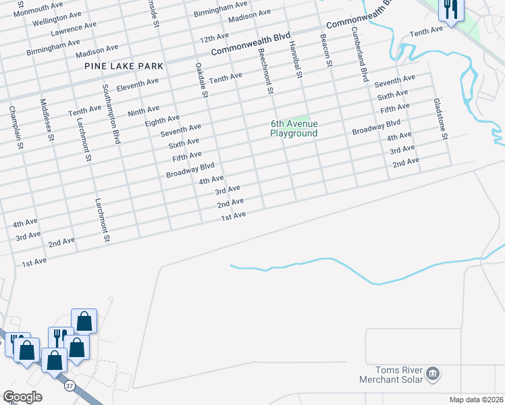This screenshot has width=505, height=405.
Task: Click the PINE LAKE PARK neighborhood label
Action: [124, 66]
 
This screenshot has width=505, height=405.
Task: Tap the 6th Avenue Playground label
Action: [294, 128]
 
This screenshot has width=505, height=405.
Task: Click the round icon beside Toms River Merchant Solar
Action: [433, 373]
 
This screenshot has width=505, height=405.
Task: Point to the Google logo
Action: [22, 397]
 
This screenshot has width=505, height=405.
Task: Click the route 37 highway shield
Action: [70, 387]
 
